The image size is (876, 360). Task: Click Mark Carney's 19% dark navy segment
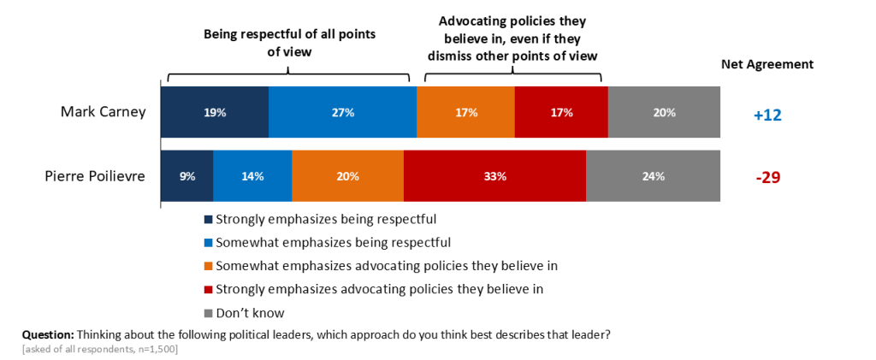(x=215, y=112)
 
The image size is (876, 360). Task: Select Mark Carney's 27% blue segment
(x=342, y=112)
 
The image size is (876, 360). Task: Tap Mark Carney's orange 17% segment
(x=465, y=112)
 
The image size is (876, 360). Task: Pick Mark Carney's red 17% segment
(x=561, y=112)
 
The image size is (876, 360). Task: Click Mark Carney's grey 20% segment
(x=664, y=112)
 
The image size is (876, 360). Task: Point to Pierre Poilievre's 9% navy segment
(x=187, y=176)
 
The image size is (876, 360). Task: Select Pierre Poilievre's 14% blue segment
(x=252, y=176)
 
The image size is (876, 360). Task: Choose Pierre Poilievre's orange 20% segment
(x=347, y=176)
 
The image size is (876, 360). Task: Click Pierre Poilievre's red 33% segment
(x=494, y=176)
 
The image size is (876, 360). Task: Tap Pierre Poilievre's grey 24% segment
(x=653, y=176)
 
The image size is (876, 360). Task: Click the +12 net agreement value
(x=767, y=115)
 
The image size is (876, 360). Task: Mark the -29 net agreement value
(x=767, y=178)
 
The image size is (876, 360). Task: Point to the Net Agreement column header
(x=767, y=64)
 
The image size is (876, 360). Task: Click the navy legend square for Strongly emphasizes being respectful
(x=209, y=218)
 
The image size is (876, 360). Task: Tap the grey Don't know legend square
(x=209, y=313)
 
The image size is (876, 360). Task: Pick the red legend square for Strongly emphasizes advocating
(x=209, y=289)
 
